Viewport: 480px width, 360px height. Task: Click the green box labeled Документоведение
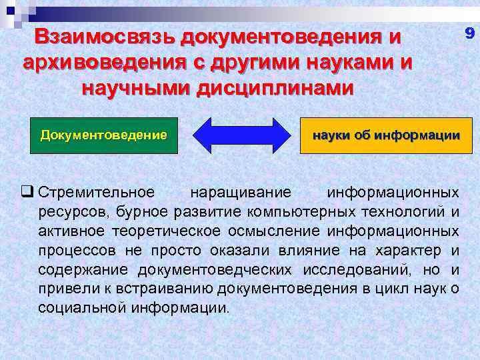click(x=103, y=135)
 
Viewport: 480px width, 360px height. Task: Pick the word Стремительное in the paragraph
click(x=97, y=193)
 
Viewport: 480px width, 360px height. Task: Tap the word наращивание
click(x=241, y=193)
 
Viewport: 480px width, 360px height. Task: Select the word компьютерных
click(x=322, y=212)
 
